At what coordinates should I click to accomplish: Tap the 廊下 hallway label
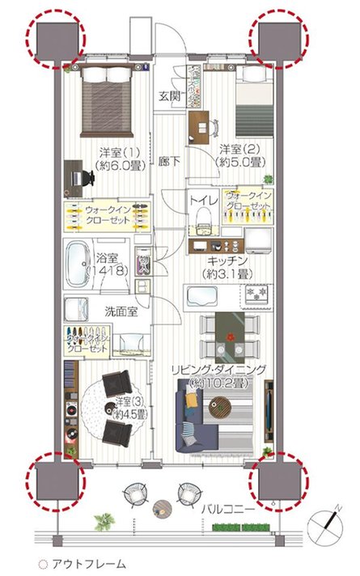168,160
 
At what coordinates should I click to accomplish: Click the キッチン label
227,260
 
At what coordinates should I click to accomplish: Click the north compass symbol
329,521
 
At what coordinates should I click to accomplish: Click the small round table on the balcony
161,508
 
